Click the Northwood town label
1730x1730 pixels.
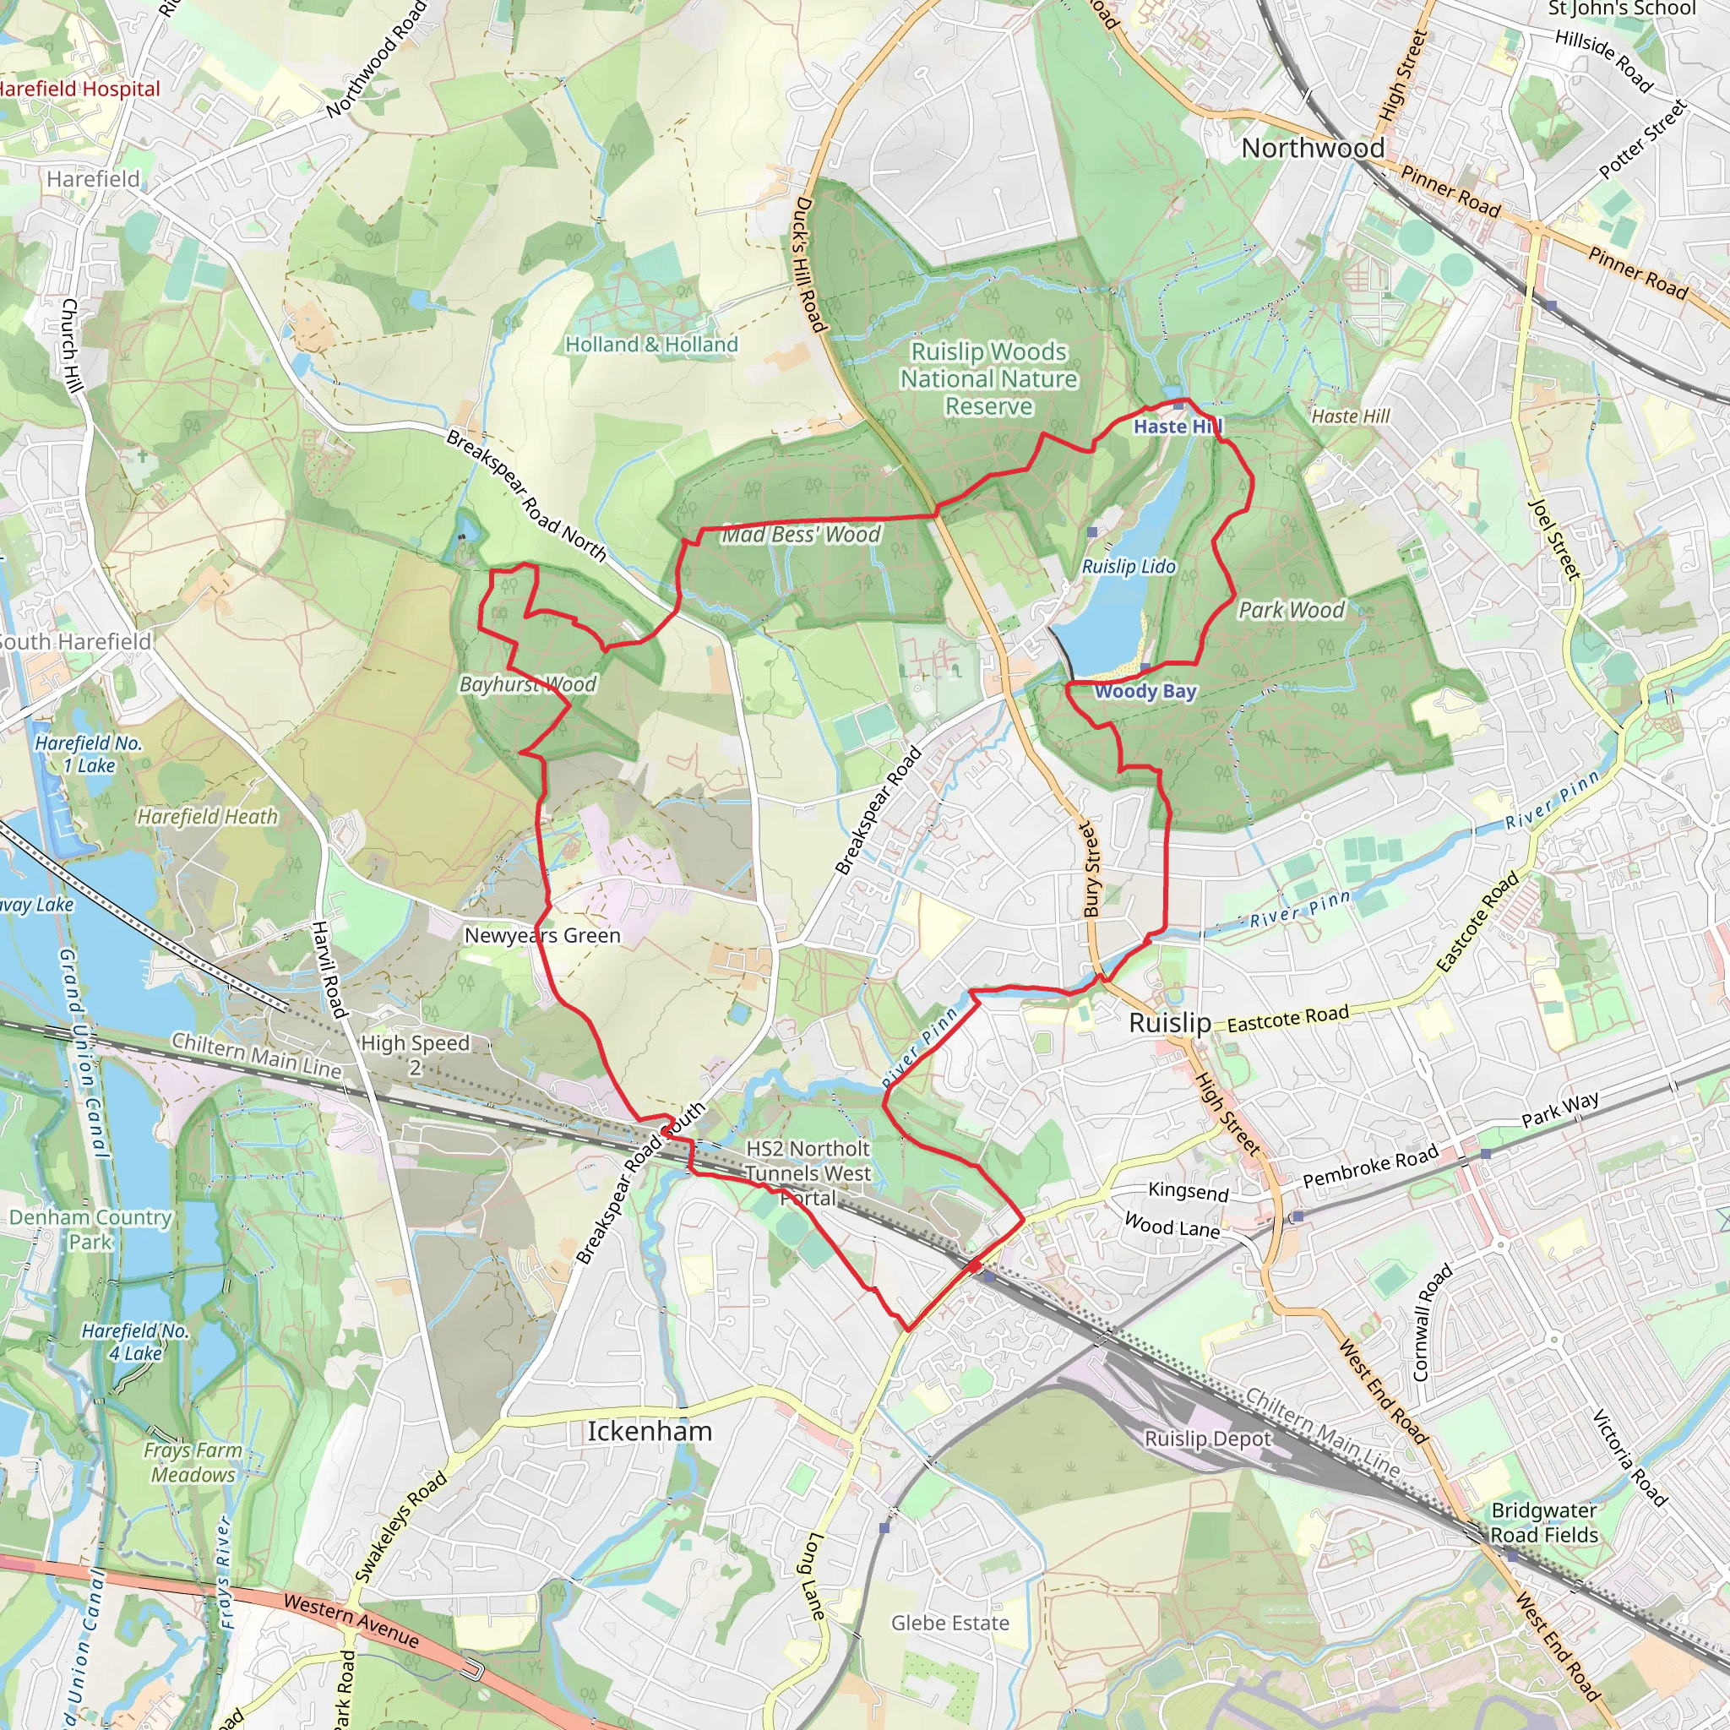(1313, 148)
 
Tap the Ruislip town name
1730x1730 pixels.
(1169, 1023)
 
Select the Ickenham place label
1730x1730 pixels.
(650, 1431)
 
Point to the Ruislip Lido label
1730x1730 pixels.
(1129, 567)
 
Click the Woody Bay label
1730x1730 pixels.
(1145, 691)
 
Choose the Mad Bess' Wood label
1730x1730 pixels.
(802, 535)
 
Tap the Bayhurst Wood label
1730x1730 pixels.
(527, 684)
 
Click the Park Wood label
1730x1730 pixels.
(1292, 610)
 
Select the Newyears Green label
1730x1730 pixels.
(541, 936)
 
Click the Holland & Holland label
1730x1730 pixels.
(651, 345)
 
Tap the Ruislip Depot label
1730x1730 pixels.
(1208, 1438)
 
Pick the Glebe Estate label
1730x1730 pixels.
(950, 1623)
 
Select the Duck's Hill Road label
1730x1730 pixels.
(808, 265)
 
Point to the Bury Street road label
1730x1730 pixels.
(1091, 868)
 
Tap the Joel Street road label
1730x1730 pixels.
(1553, 539)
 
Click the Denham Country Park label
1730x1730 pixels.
(90, 1229)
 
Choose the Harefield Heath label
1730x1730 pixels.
(207, 817)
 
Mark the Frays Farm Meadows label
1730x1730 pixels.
(193, 1461)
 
